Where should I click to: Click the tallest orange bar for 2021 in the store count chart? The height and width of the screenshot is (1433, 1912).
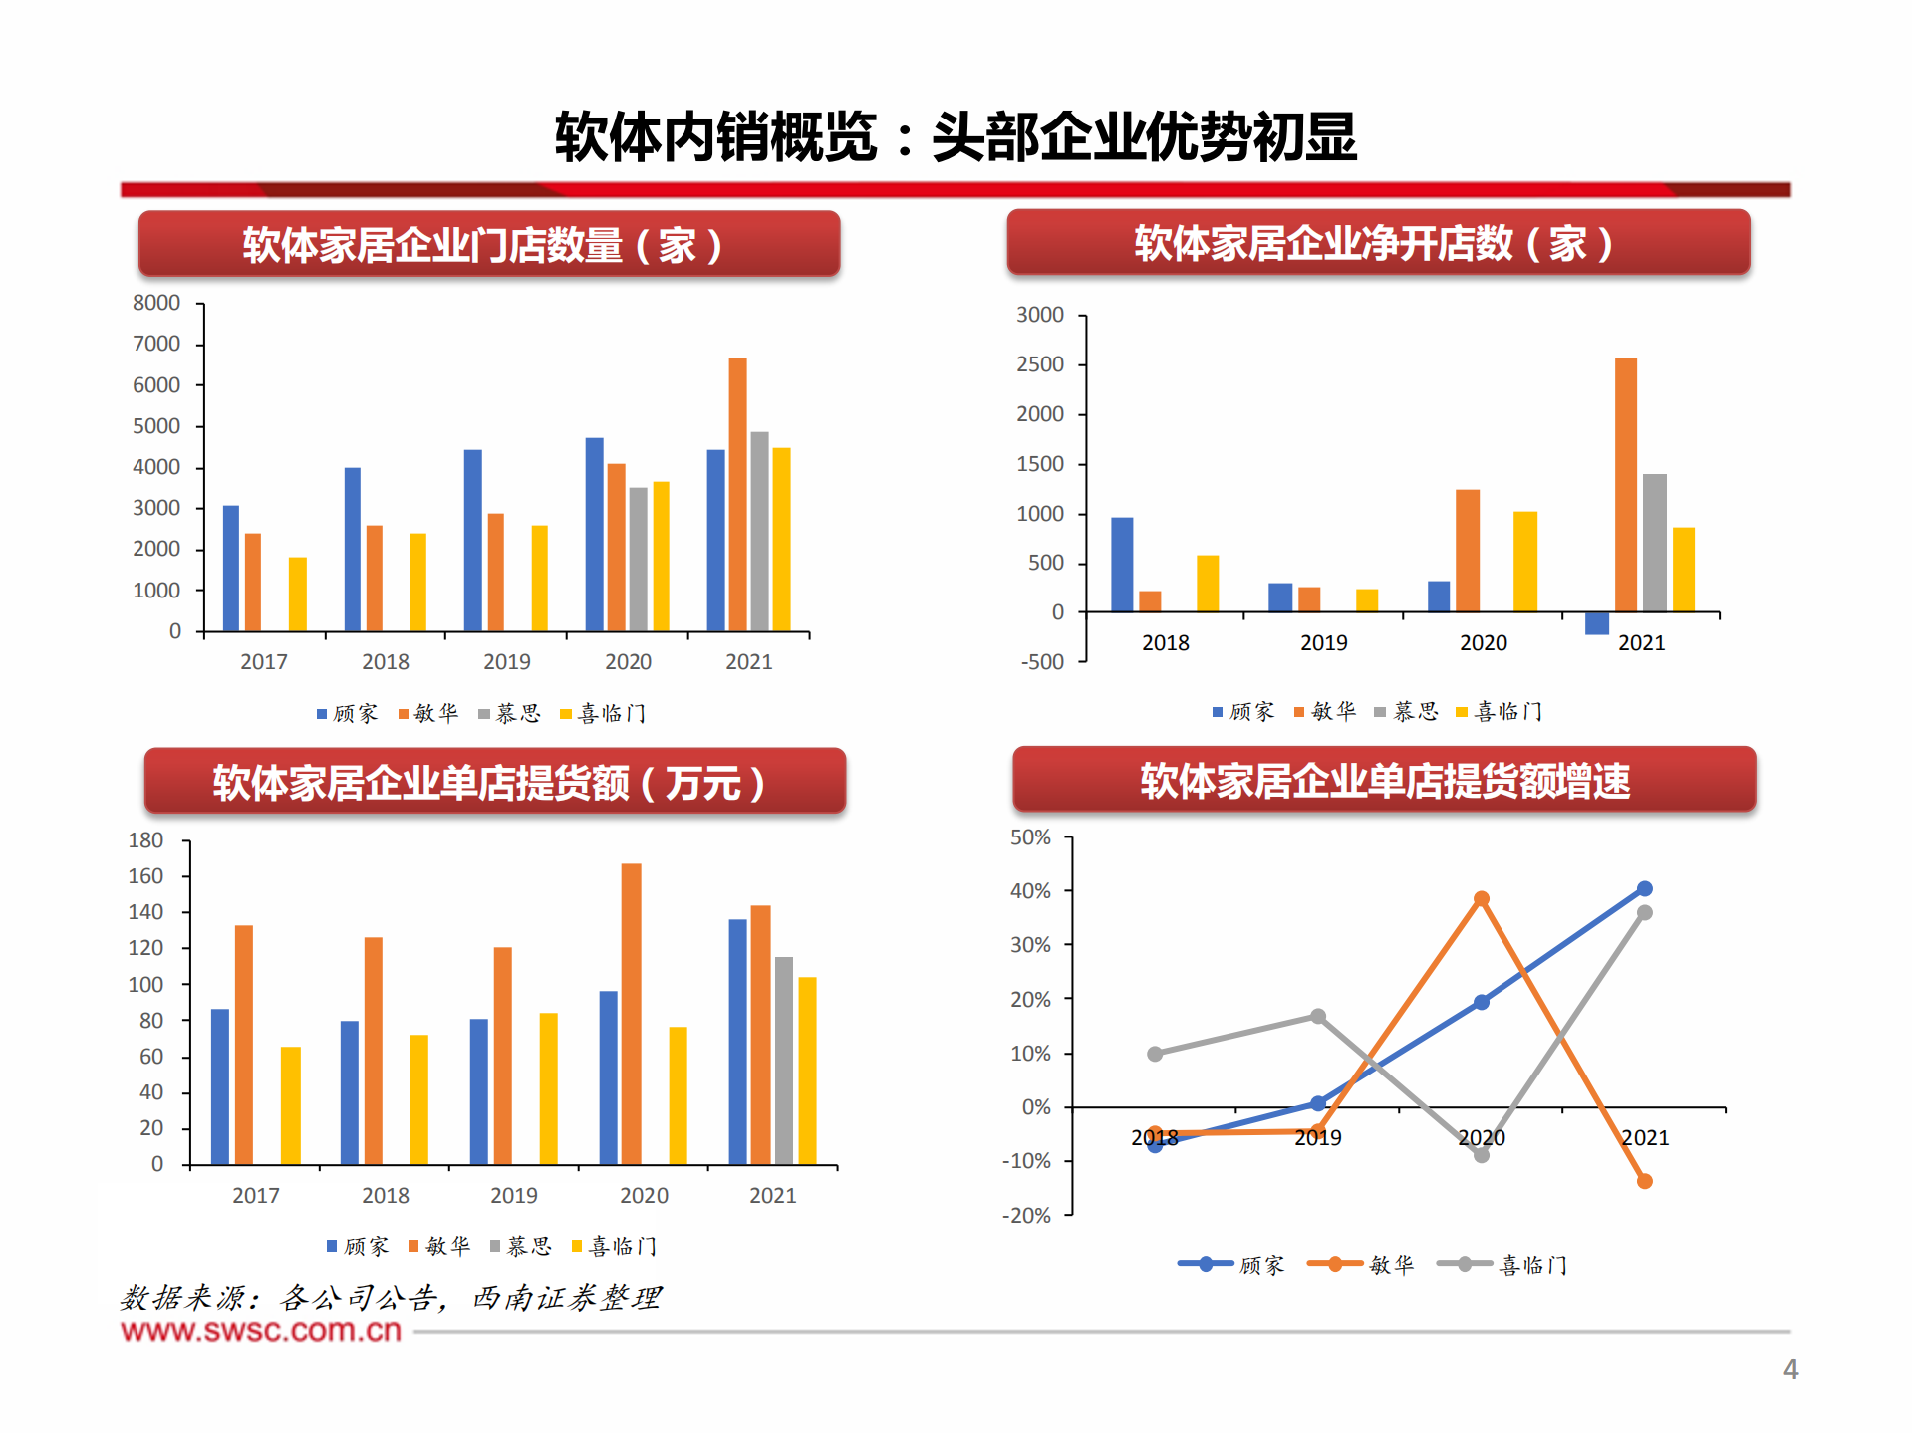[x=737, y=494]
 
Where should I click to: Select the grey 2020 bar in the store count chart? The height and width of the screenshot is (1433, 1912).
[x=638, y=559]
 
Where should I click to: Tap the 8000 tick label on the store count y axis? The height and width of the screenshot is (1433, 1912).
[x=156, y=303]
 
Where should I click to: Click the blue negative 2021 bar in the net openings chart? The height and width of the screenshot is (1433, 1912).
[x=1596, y=623]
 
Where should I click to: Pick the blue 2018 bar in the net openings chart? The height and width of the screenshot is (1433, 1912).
[x=1122, y=564]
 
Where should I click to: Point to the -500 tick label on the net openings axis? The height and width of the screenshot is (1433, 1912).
[x=1042, y=662]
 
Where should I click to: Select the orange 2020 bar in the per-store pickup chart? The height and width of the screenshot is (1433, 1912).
[x=631, y=1014]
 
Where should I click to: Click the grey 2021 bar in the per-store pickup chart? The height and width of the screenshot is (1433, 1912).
[x=784, y=1061]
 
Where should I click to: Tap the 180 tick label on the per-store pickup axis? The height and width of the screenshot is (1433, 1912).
[x=145, y=840]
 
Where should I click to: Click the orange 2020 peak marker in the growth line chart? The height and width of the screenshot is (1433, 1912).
[x=1482, y=898]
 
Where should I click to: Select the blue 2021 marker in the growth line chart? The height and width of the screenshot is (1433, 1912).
[x=1645, y=888]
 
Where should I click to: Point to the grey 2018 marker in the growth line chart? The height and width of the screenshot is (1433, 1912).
[x=1155, y=1054]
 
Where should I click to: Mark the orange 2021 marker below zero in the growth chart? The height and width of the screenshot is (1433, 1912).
[x=1645, y=1181]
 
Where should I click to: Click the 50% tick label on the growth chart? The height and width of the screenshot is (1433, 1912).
[x=1030, y=837]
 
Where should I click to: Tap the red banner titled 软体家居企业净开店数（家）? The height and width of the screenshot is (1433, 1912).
[x=1378, y=243]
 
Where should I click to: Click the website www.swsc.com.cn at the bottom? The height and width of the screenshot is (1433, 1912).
[x=261, y=1331]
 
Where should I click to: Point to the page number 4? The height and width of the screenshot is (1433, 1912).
[x=1790, y=1370]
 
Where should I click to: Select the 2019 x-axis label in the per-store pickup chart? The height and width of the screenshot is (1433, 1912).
[x=514, y=1195]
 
